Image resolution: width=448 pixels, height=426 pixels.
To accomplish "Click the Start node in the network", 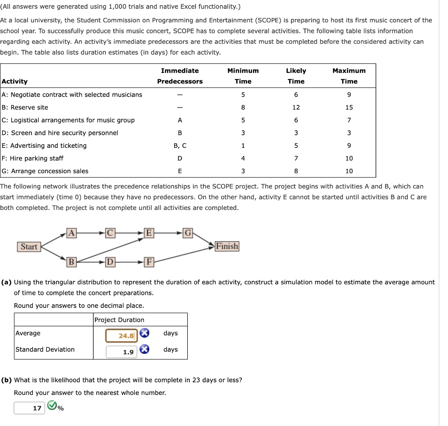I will pos(29,247).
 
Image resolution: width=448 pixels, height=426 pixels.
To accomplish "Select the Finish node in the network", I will pos(227,246).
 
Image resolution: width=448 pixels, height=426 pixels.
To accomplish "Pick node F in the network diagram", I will pos(149,262).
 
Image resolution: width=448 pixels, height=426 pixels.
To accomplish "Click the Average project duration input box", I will pos(122,335).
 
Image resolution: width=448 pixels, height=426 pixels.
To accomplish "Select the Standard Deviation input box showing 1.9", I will pos(122,352).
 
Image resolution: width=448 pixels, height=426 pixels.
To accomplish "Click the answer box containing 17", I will pos(29,408).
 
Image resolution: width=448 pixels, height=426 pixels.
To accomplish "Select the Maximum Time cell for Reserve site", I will pos(349,108).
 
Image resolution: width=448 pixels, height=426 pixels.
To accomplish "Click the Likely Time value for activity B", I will pos(296,108).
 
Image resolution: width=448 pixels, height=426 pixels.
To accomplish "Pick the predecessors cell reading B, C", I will pos(180,146).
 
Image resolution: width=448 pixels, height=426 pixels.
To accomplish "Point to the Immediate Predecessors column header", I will pos(180,76).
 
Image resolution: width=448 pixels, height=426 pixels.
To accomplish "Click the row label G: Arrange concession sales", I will pos(45,171).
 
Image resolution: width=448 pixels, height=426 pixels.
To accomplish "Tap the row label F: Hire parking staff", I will pos(33,158).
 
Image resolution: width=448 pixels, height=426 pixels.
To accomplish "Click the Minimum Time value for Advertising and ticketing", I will pos(243,146).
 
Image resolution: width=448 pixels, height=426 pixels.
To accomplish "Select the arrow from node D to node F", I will pos(129,262).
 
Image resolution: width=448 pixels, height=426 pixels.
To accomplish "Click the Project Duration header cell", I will pos(119,320).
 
